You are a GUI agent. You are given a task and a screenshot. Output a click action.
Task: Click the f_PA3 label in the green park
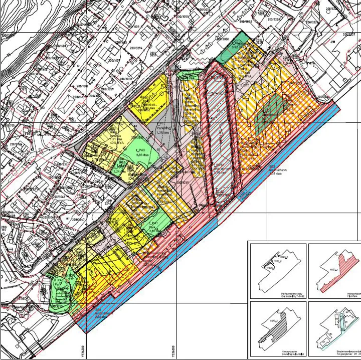coord(142,150)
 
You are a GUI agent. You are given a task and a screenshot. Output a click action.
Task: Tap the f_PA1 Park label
coord(153,223)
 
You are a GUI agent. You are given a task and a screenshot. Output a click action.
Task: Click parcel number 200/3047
coord(78,220)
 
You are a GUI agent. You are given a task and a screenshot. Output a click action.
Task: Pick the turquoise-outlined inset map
coord(334,328)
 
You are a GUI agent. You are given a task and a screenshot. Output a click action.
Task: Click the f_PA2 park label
coord(58,281)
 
